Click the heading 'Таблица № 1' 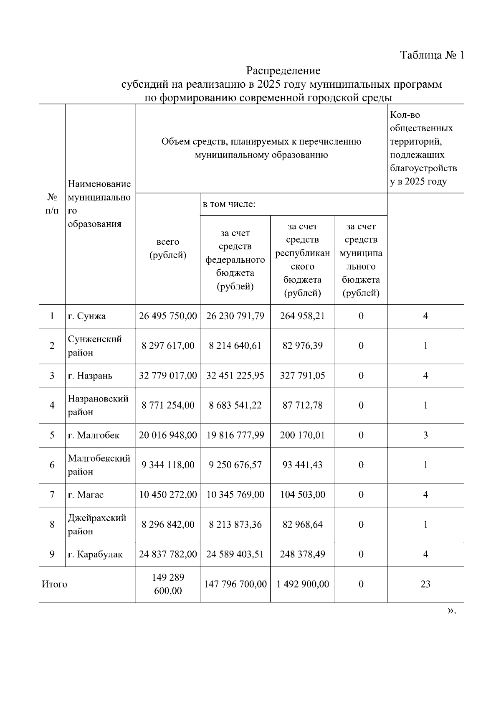(x=432, y=55)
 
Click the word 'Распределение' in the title (x=283, y=70)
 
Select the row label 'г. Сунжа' (x=86, y=316)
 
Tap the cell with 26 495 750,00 (x=168, y=316)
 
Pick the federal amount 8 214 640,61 (x=235, y=346)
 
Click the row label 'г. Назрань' (x=90, y=376)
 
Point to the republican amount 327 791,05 (x=302, y=376)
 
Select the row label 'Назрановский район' (x=98, y=405)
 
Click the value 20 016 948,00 (x=168, y=435)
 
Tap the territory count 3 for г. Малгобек (x=425, y=435)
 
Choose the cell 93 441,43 (x=302, y=465)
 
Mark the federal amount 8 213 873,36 (x=235, y=525)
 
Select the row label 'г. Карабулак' (x=95, y=554)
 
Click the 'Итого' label (x=54, y=584)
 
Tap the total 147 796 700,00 (x=235, y=584)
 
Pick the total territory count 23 (x=425, y=584)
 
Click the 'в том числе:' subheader (x=229, y=204)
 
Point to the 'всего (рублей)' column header (x=168, y=249)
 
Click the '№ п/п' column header (x=52, y=204)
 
